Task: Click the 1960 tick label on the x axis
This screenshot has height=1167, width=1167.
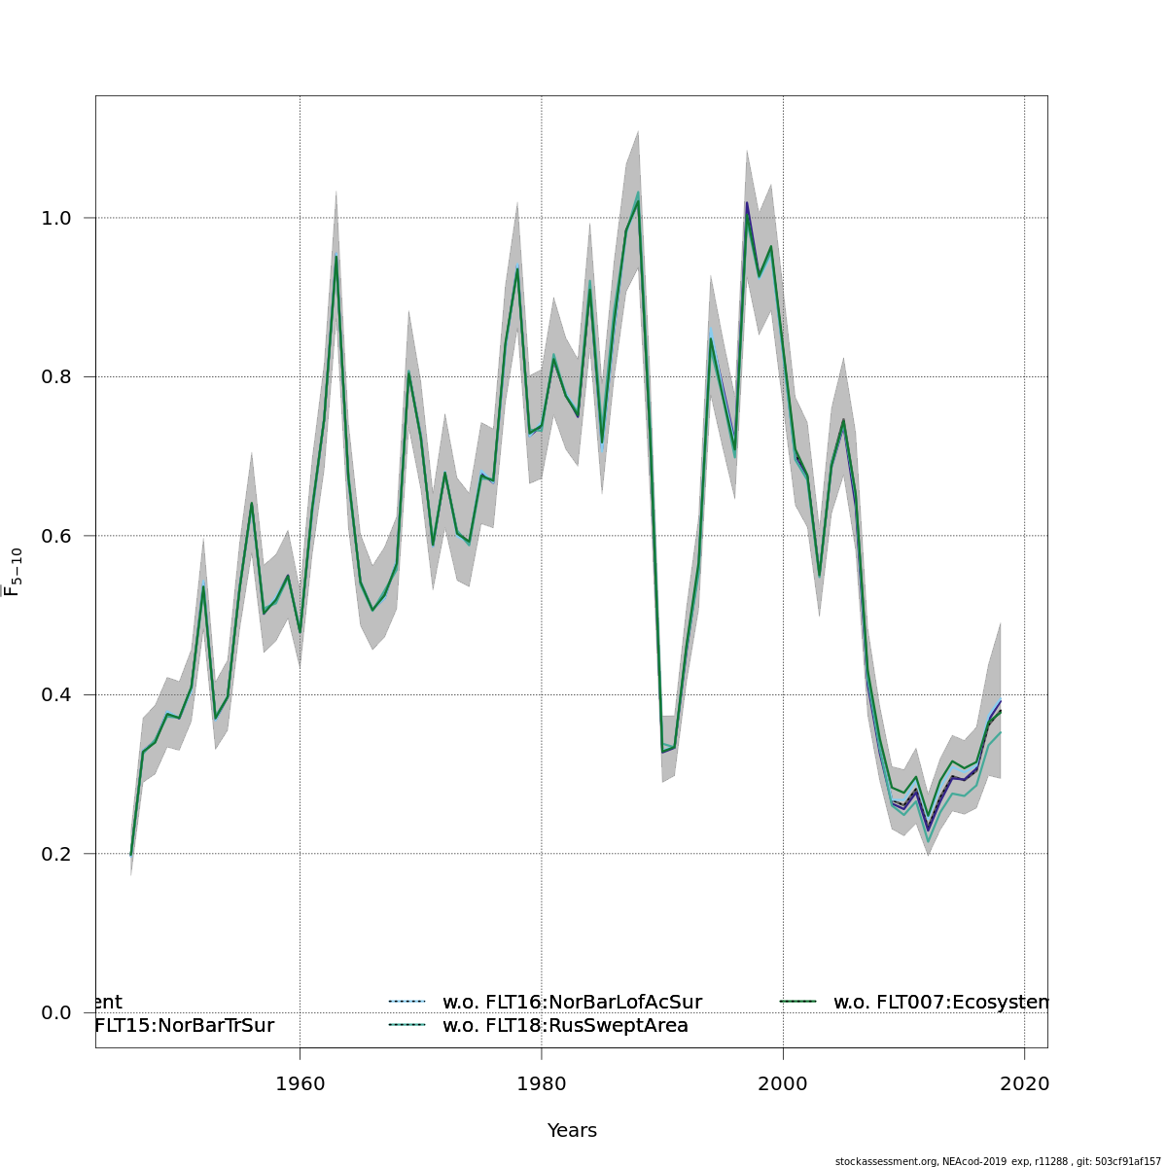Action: [300, 1083]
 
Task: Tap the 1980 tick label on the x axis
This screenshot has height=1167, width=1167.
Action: [541, 1083]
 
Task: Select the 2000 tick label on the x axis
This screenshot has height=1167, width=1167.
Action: [783, 1083]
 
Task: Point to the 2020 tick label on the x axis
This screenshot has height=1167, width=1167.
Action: [1024, 1083]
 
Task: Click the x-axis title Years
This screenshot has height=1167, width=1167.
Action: [572, 1131]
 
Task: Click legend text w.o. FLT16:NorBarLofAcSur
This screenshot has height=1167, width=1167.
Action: [572, 1002]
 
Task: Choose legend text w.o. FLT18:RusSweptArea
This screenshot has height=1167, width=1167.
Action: [565, 1025]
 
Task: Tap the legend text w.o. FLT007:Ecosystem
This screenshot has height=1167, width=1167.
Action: [939, 1002]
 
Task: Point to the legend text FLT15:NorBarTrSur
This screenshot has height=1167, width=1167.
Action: [184, 1025]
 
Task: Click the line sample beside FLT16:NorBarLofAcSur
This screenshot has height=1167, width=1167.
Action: [407, 1002]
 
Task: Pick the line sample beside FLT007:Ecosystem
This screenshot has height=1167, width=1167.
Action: [798, 1002]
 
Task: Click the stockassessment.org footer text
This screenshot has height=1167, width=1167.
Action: [1000, 1161]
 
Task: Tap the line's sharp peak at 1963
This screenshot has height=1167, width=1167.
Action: [336, 257]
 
